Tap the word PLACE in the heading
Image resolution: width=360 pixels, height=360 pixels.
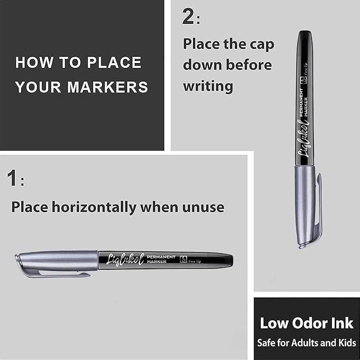pyautogui.click(x=115, y=63)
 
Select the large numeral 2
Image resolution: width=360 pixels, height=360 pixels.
pyautogui.click(x=188, y=17)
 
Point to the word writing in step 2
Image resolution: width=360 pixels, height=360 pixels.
pyautogui.click(x=208, y=86)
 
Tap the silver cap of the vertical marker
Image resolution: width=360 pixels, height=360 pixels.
pyautogui.click(x=305, y=204)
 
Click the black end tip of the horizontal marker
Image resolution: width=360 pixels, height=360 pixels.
pyautogui.click(x=228, y=260)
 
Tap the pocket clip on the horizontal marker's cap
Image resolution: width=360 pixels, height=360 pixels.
pyautogui.click(x=53, y=274)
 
